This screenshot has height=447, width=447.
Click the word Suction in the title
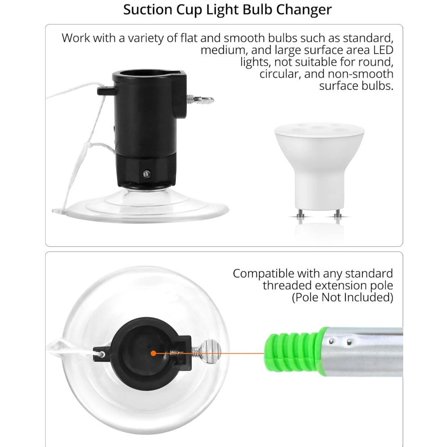pyautogui.click(x=148, y=9)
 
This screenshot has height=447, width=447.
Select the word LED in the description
pyautogui.click(x=383, y=50)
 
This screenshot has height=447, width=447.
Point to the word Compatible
pyautogui.click(x=263, y=274)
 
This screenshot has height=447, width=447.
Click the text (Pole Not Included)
pyautogui.click(x=342, y=297)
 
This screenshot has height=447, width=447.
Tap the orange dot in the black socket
pyautogui.click(x=153, y=354)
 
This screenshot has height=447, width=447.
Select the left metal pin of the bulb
pyautogui.click(x=300, y=214)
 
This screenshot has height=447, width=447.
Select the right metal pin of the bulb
pyautogui.click(x=338, y=214)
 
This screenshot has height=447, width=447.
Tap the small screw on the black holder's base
pyautogui.click(x=147, y=174)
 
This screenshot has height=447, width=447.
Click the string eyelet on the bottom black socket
pyautogui.click(x=101, y=354)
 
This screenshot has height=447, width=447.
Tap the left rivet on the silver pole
pyautogui.click(x=331, y=341)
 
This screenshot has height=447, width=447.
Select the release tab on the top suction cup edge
pyautogui.click(x=59, y=211)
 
